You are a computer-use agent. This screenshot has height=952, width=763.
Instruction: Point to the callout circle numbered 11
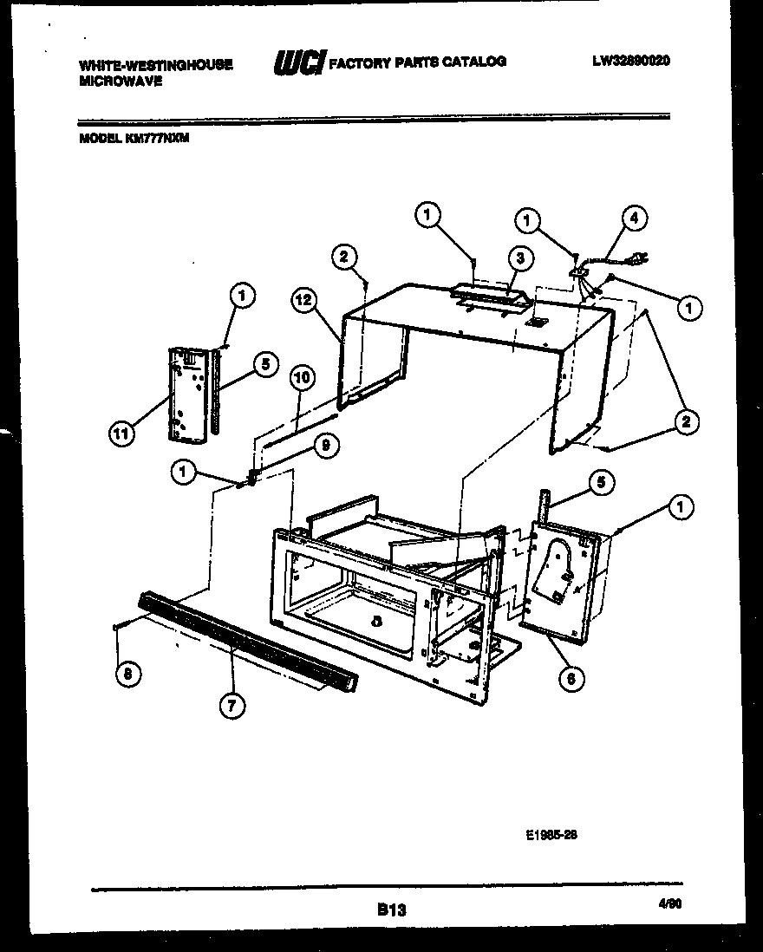coord(124,434)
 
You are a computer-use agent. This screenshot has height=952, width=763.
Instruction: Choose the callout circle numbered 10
coord(303,377)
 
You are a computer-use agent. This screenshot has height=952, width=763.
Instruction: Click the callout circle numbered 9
coord(325,446)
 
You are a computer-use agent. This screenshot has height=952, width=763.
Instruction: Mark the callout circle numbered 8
coord(127,673)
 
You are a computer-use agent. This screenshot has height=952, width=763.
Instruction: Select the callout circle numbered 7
coord(231,706)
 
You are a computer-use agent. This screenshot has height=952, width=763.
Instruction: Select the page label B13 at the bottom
coord(391,910)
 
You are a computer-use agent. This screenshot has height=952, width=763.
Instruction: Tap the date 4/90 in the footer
coord(670,903)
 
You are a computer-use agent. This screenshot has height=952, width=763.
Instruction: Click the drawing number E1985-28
coord(551,836)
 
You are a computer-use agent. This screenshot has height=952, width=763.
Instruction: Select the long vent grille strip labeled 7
coord(247,638)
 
